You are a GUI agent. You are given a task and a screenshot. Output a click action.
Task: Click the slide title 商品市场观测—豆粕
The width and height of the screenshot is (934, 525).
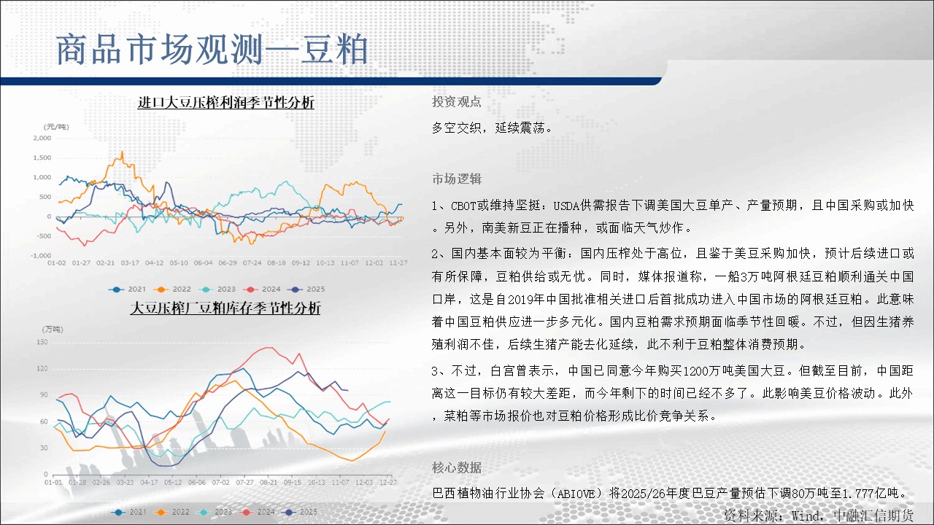212,50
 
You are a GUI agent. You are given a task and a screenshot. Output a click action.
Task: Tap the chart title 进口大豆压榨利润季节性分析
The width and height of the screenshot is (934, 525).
225,103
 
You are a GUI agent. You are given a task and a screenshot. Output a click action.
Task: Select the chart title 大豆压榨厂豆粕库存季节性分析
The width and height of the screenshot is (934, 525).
225,308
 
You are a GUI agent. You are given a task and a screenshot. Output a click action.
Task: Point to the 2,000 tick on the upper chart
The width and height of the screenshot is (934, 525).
42,138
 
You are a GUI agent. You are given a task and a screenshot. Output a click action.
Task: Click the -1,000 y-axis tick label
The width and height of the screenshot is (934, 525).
41,255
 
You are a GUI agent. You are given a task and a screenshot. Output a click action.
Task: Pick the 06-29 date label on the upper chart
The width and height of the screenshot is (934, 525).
227,263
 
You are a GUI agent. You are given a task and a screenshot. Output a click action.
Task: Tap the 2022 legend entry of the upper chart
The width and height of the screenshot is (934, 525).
172,289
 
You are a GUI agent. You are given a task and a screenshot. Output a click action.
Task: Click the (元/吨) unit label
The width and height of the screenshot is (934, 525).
56,127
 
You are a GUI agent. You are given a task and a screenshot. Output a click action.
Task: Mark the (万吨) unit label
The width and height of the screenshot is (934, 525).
53,329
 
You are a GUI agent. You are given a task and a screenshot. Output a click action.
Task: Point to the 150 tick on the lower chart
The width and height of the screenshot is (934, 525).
42,342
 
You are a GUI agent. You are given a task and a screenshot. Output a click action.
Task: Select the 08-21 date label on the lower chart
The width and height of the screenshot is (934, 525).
268,482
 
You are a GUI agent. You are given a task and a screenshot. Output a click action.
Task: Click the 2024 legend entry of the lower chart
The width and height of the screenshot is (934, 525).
256,512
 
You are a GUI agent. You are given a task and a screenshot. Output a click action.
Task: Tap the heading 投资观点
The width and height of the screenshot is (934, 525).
457,101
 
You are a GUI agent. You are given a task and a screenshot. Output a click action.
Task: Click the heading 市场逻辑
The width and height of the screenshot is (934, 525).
457,179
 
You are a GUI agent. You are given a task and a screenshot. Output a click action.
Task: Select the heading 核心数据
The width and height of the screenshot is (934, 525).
457,467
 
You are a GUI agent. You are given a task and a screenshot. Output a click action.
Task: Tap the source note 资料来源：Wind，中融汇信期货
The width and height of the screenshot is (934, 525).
819,516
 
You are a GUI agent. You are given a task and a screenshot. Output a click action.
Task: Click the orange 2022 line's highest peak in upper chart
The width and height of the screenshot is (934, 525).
122,152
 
